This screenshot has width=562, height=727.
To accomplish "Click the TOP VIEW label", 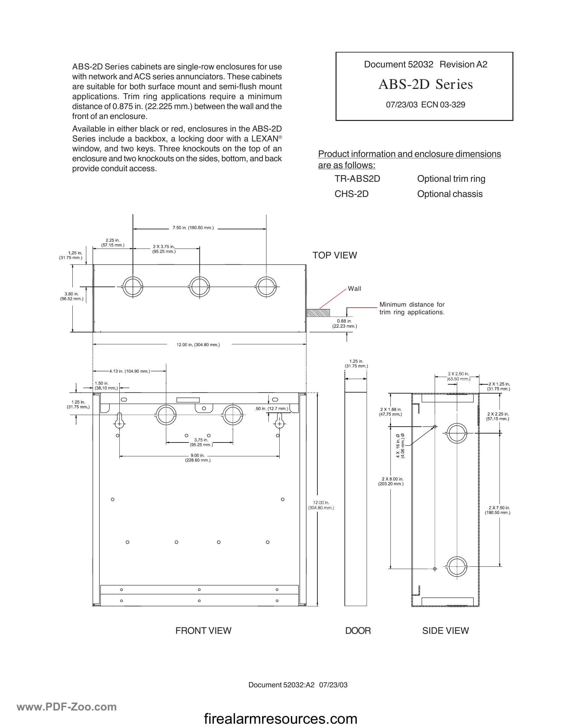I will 334,255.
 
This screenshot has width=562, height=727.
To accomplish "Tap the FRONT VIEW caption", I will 203,631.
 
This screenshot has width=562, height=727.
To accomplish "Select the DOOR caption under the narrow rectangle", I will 358,631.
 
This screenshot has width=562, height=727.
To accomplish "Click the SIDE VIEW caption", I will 445,631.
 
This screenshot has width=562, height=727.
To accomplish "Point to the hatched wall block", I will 318,313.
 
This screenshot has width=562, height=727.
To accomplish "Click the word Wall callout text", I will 354,288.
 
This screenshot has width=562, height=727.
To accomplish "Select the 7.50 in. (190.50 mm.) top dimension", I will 193,228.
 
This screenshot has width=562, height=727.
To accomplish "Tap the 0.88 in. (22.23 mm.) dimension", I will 344,324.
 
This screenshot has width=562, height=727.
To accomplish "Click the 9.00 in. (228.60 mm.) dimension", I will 198,458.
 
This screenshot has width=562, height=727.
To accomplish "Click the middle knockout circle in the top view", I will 199,287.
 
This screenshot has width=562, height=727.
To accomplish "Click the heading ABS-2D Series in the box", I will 425,84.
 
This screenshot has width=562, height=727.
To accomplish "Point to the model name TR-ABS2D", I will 357,179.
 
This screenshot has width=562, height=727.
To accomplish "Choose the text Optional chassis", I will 450,194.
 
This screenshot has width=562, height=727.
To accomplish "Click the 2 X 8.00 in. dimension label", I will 390,481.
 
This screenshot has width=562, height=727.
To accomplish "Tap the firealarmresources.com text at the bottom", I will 280,716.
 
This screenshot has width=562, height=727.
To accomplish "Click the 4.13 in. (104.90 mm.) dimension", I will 130,371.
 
